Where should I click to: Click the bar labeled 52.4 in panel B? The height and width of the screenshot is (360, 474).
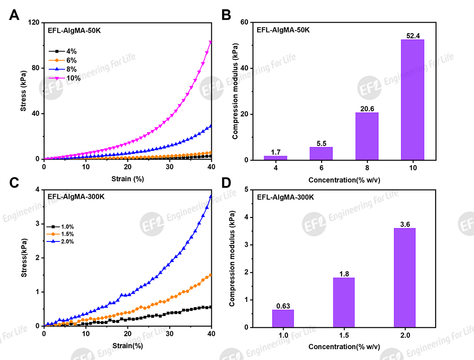412,100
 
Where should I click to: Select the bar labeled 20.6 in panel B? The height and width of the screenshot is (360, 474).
367,136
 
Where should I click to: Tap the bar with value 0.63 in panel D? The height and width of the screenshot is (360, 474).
283,319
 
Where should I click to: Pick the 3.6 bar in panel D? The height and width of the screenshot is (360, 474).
404,278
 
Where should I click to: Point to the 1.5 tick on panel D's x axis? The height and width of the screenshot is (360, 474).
344,336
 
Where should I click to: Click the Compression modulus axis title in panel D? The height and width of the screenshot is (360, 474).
232,258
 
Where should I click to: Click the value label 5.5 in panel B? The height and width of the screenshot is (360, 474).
321,143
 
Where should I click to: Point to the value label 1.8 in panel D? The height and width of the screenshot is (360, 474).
344,273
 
